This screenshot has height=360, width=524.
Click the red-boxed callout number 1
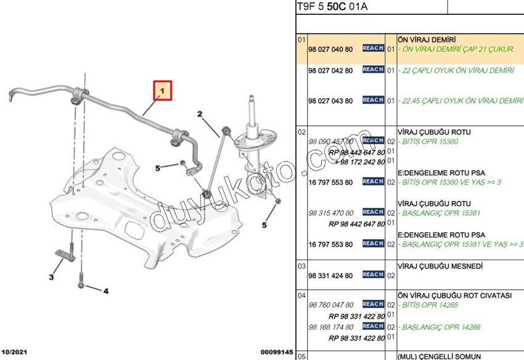tap(163, 91)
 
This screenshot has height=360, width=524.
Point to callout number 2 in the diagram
tap(200, 114)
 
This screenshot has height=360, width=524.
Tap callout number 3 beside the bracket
tap(51, 277)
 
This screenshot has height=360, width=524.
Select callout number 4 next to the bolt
tap(105, 290)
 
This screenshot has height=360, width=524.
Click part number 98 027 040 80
tap(330, 49)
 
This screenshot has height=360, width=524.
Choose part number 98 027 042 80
tap(330, 70)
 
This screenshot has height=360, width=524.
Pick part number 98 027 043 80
tap(330, 100)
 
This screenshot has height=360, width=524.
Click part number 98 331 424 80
tap(330, 276)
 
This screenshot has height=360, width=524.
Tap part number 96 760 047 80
tap(330, 305)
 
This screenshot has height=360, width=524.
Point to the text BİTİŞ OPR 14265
tap(429, 305)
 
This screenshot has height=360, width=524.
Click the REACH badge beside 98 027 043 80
tap(373, 100)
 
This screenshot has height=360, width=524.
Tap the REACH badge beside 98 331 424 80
tap(373, 275)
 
